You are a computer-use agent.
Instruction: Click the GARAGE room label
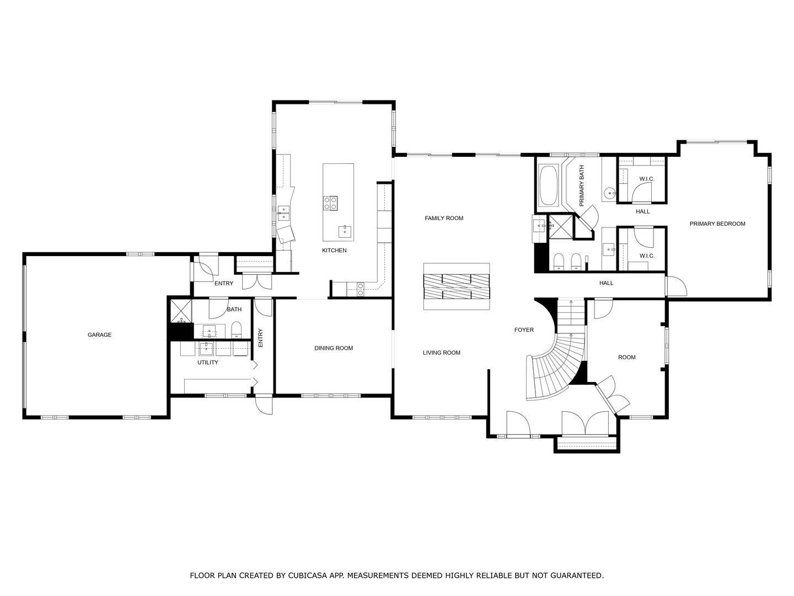click(x=99, y=335)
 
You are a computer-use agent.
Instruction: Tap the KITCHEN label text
click(x=334, y=250)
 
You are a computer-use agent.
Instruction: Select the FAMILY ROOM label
click(x=444, y=218)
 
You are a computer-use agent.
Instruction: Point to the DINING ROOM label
click(x=334, y=348)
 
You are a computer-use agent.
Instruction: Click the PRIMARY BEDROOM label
click(x=717, y=223)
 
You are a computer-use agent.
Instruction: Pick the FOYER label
click(x=524, y=329)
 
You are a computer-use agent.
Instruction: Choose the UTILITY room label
click(x=208, y=362)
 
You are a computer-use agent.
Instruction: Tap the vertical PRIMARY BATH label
click(x=582, y=186)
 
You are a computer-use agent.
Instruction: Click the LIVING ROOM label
click(x=441, y=353)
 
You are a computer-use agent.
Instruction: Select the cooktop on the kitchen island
click(x=330, y=203)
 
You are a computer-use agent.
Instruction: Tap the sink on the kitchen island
click(x=345, y=231)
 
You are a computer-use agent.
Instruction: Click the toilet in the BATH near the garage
click(x=236, y=329)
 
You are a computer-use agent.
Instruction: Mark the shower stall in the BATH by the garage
click(x=180, y=311)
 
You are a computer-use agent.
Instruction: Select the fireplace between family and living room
click(x=457, y=286)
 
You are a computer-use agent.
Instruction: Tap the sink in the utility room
click(x=207, y=349)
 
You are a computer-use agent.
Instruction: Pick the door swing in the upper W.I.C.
click(x=642, y=191)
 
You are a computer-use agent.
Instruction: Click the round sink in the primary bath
click(x=610, y=193)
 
